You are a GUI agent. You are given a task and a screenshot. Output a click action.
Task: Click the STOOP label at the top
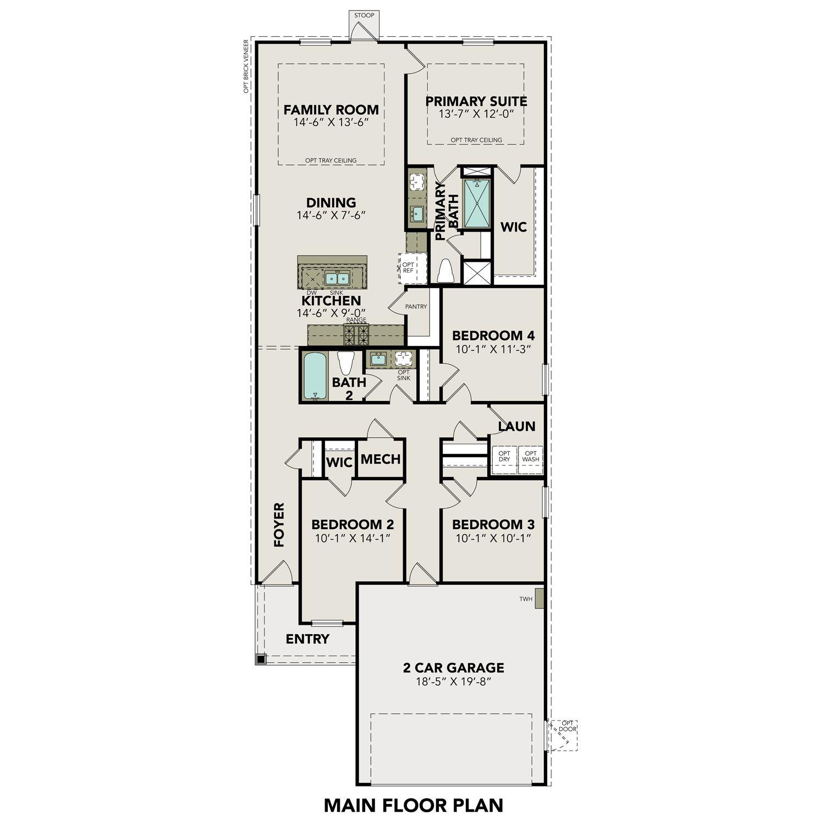364,15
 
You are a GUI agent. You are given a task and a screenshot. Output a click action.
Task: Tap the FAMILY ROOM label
331,109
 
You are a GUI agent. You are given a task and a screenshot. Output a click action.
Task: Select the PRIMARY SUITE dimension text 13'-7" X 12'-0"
476,114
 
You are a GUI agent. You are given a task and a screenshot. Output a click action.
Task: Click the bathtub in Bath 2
315,376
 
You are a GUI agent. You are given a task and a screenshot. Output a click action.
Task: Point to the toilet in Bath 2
345,363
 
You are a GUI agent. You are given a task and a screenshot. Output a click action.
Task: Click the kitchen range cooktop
356,334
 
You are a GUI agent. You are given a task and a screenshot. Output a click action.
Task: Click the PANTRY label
416,306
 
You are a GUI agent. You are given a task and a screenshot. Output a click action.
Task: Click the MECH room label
381,459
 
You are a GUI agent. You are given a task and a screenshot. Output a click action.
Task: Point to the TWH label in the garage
526,599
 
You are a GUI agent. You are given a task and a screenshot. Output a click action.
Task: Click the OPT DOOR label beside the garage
568,726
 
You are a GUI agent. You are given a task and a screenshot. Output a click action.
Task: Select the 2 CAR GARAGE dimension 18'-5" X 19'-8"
454,682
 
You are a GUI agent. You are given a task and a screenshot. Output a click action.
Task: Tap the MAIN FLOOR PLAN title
413,805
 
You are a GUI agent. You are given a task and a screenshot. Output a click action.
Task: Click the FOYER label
279,525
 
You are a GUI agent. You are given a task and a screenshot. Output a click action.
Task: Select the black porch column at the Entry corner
261,658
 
